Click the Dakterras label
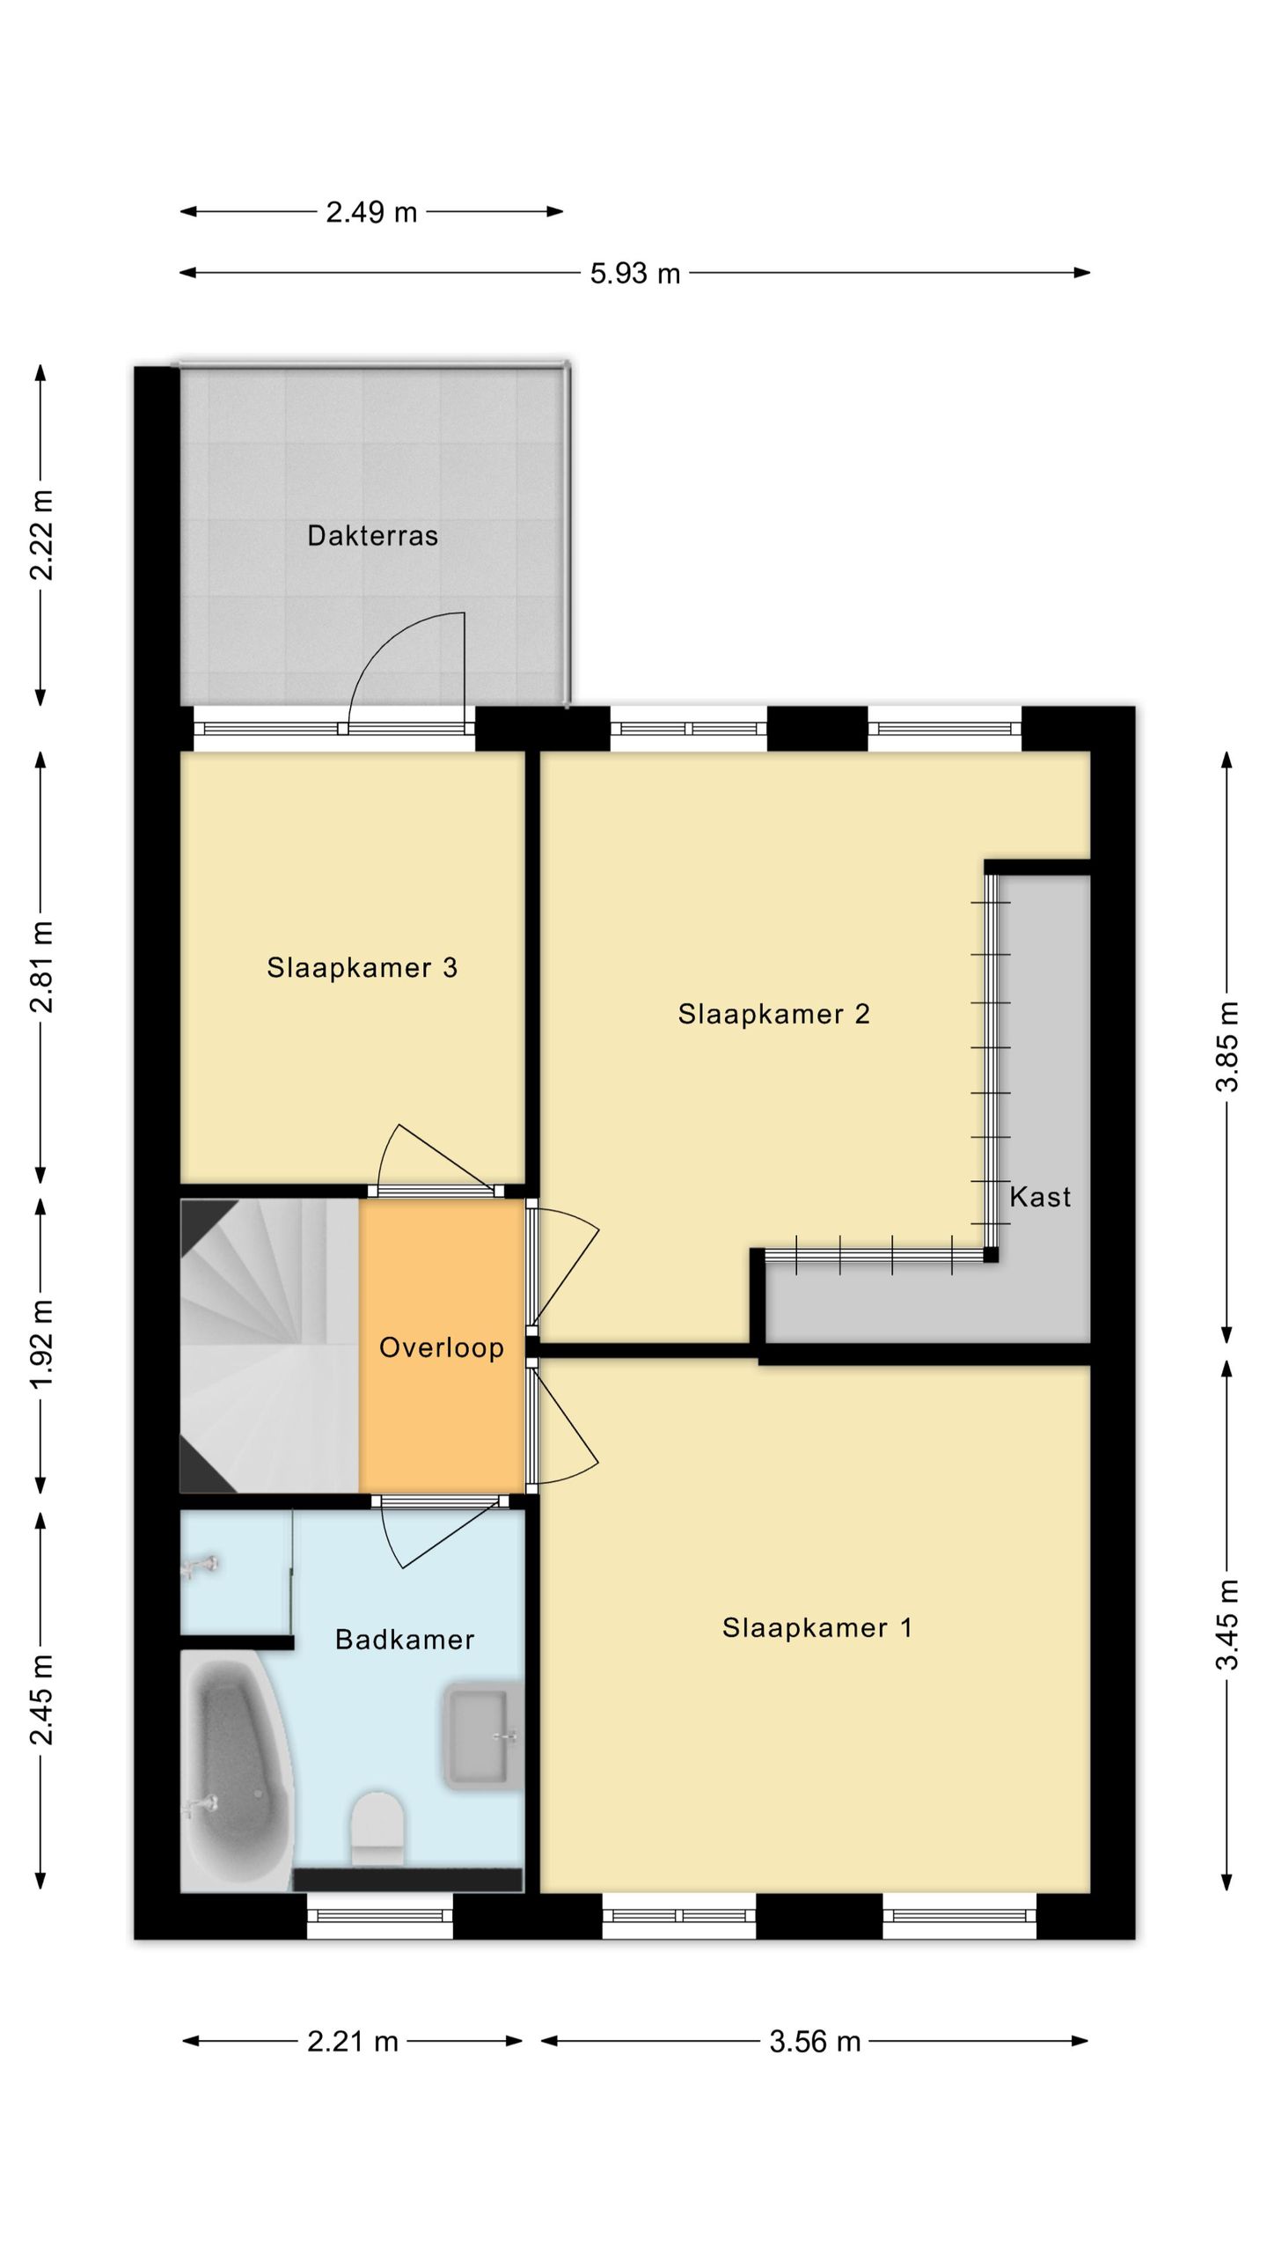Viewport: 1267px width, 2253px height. click(x=372, y=536)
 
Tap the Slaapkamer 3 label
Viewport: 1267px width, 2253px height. click(x=363, y=968)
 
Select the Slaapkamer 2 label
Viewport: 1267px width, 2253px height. click(x=773, y=1014)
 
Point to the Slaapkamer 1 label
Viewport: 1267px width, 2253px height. click(x=817, y=1628)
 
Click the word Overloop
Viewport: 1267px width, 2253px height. click(x=442, y=1347)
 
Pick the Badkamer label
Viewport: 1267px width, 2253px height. click(x=405, y=1639)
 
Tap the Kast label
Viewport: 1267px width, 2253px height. click(x=1040, y=1197)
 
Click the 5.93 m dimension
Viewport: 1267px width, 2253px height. click(x=635, y=274)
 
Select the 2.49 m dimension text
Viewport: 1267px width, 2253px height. click(x=371, y=212)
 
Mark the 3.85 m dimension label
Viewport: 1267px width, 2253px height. click(x=1227, y=1046)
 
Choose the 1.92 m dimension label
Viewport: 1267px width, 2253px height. click(x=41, y=1344)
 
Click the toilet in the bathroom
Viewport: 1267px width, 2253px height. click(x=377, y=1829)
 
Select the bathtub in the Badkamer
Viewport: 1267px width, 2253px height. click(x=236, y=1770)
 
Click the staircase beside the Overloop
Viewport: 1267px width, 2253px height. click(x=269, y=1346)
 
